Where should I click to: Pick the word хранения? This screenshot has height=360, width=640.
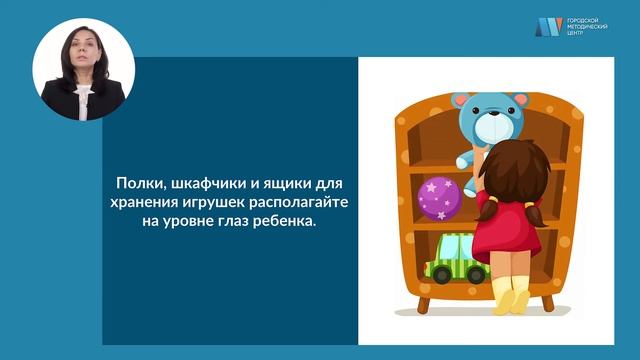pos(146,203)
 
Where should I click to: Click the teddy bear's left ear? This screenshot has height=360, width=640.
pos(460,101)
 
